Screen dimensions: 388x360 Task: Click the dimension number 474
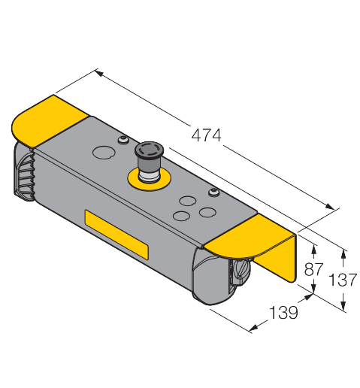[206, 136]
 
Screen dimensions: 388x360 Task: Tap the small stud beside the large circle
[122, 140]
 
